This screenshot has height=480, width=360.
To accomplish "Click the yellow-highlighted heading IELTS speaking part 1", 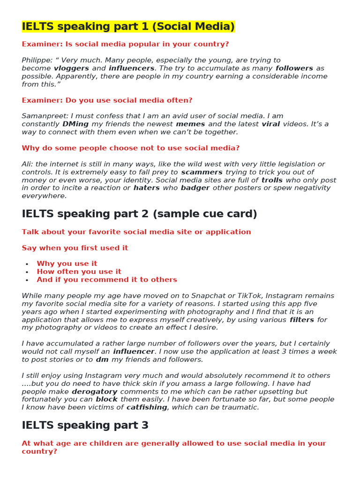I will (128, 27).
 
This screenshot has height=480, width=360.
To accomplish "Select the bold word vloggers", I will (71, 68).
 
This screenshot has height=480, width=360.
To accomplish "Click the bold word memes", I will (190, 124).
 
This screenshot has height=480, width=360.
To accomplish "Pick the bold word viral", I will (270, 124).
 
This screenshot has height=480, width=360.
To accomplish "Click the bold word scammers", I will (202, 172).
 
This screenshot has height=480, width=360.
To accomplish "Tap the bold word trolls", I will (272, 180).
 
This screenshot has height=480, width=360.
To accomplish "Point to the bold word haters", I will (147, 188).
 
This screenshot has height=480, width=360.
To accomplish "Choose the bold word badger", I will (195, 188).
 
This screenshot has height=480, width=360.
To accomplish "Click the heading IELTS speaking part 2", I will (139, 214).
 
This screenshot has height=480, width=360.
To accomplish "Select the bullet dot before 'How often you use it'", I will (27, 272).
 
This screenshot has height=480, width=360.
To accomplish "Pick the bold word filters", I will (302, 320).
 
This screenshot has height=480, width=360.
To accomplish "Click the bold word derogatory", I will (94, 391).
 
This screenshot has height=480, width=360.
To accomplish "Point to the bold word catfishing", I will (147, 407).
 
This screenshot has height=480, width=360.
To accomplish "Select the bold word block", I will (107, 399).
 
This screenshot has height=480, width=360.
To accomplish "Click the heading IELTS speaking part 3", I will (85, 426).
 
